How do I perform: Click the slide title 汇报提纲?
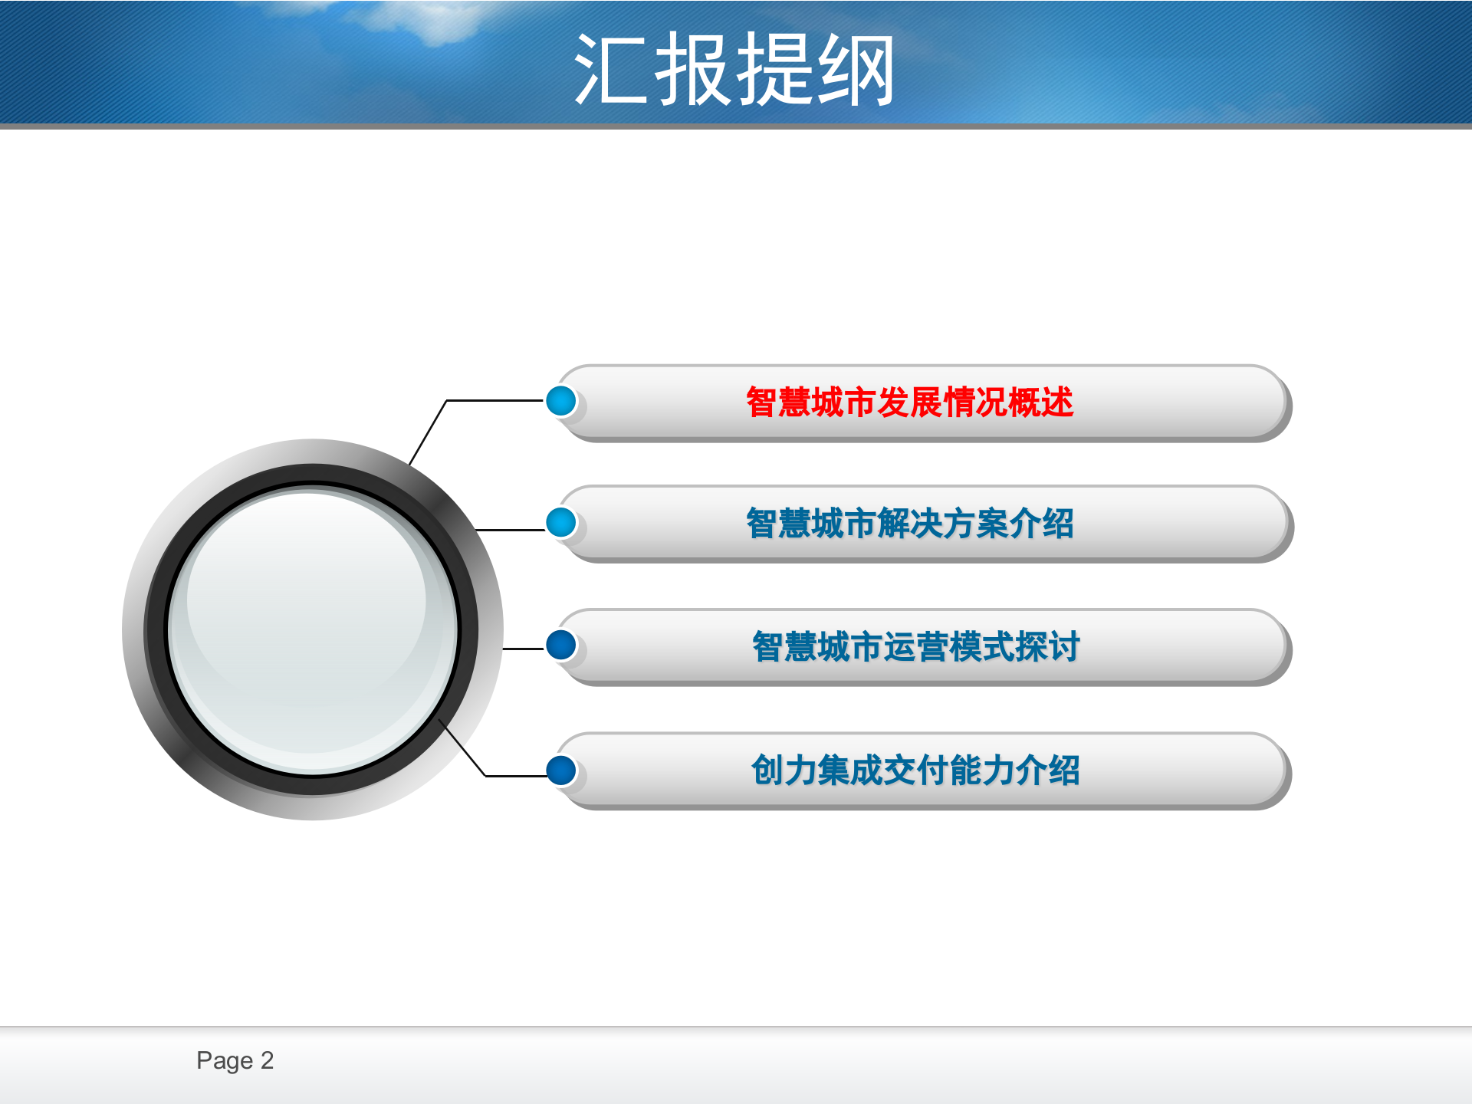(734, 69)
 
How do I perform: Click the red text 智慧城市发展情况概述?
(910, 402)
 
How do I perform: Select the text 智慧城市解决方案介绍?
(910, 524)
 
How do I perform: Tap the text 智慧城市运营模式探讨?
(916, 646)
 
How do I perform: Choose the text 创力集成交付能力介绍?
(916, 770)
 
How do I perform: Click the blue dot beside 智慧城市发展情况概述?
(561, 401)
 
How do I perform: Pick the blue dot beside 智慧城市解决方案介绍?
(561, 522)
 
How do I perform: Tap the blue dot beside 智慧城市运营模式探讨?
(561, 645)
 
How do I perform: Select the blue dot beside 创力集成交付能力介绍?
(561, 770)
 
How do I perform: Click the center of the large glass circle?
(313, 629)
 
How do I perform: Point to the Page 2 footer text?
(235, 1060)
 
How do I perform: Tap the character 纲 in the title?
(856, 69)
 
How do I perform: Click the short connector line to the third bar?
(524, 649)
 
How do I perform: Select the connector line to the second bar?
(510, 530)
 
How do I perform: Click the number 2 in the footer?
(267, 1060)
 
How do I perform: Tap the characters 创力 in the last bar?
(784, 770)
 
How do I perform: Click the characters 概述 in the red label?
(1041, 402)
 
